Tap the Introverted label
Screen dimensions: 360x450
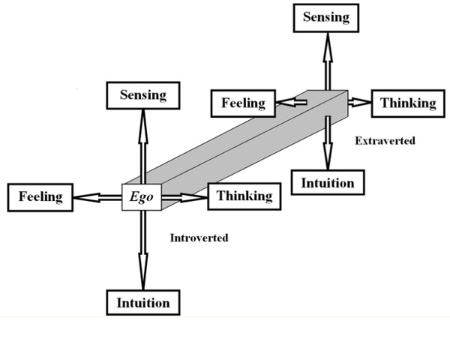click(199, 238)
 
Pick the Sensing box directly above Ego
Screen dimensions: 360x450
click(142, 95)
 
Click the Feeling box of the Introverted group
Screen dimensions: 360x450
click(40, 198)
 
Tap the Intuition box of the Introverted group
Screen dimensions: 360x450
click(142, 303)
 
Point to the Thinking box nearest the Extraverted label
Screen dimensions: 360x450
click(409, 103)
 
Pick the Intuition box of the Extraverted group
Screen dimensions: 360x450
click(327, 181)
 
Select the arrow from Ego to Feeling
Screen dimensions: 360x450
click(97, 198)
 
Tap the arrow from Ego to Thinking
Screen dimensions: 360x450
click(184, 198)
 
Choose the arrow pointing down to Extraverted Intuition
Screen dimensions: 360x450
click(328, 142)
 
